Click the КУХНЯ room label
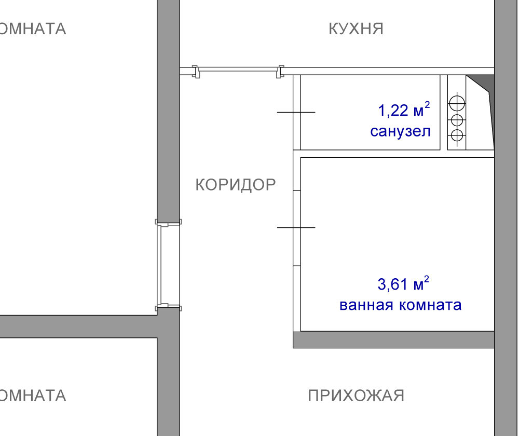click(356, 29)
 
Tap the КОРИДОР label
click(235, 185)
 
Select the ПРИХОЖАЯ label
click(356, 396)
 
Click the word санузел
click(400, 131)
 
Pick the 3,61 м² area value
click(403, 283)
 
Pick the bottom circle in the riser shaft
click(457, 135)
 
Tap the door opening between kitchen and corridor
click(238, 71)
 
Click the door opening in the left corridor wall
click(168, 265)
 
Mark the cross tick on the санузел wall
click(296, 112)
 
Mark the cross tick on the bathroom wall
click(296, 227)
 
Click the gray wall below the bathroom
click(393, 339)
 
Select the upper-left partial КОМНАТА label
click(32, 29)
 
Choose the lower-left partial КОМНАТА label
click(32, 396)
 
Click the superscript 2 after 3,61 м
click(427, 279)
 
